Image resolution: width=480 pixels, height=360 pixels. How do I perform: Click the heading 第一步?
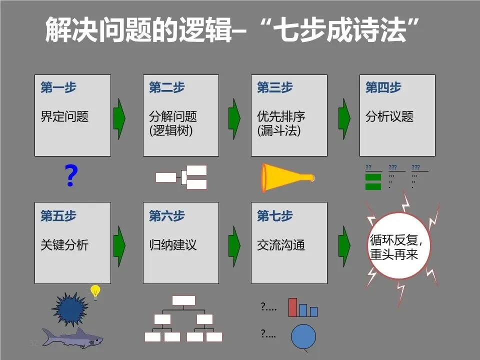tap(58, 88)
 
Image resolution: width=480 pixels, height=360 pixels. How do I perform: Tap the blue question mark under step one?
tap(71, 176)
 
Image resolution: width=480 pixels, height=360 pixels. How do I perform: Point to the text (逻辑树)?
tap(170, 131)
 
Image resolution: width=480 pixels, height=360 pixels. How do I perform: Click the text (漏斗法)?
tap(278, 131)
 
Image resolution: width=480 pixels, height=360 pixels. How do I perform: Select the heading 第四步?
tap(383, 88)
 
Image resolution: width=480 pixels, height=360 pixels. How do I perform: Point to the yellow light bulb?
tap(95, 291)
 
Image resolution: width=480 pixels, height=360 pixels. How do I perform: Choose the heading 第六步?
tap(166, 216)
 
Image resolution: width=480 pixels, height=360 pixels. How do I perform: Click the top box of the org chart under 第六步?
tap(183, 300)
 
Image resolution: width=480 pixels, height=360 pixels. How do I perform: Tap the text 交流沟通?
tap(281, 245)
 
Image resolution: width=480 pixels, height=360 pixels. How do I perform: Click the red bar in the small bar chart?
tap(292, 307)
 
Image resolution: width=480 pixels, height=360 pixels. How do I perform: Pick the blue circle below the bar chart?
tap(303, 336)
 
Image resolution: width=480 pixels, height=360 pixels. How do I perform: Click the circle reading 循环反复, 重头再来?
tap(398, 246)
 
